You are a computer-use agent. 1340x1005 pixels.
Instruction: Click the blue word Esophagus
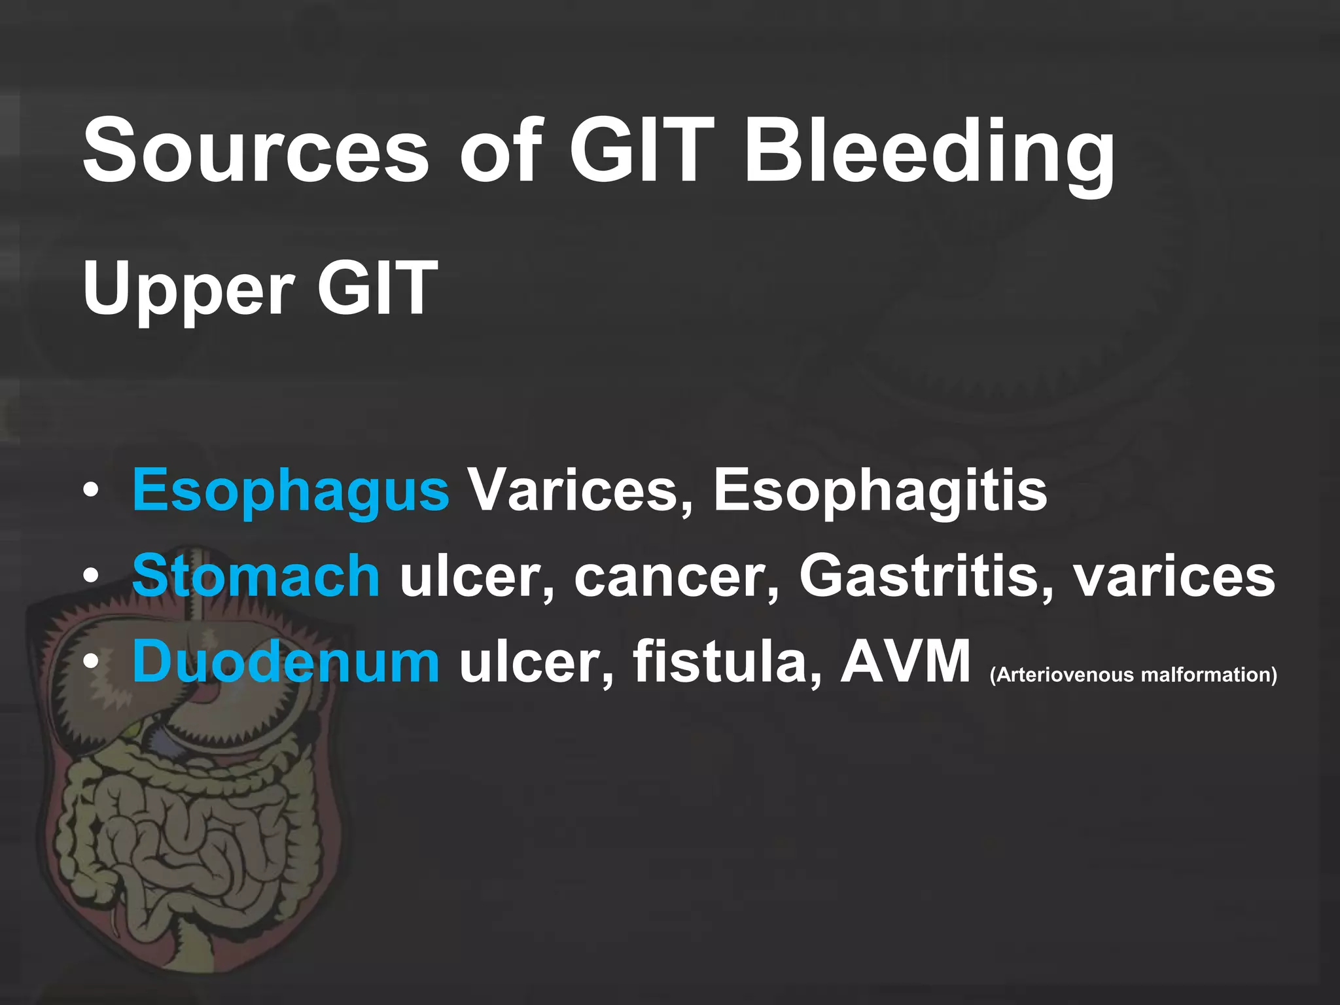point(291,491)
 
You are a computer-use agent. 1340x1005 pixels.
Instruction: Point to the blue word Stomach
point(256,576)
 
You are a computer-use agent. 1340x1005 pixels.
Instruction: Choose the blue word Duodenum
point(286,661)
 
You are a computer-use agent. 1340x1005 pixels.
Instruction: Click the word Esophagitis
point(880,491)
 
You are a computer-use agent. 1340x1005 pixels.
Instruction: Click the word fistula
point(727,661)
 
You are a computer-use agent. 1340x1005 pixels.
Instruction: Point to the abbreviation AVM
point(906,661)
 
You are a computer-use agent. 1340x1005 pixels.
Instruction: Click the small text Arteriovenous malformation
point(1134,675)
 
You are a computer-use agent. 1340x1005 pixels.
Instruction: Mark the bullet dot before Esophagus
point(91,490)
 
